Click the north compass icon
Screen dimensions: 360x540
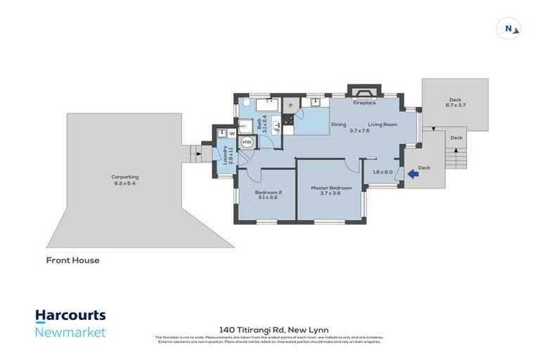509,29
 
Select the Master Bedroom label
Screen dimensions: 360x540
330,188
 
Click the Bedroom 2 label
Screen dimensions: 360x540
269,194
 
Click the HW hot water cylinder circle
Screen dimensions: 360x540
247,142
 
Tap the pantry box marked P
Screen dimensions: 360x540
290,105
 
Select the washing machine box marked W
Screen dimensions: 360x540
230,132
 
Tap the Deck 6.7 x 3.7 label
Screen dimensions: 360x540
455,103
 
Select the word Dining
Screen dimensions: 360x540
338,124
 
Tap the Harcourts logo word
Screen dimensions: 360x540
70,316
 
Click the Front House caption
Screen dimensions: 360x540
73,260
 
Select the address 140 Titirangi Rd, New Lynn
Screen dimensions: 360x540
269,329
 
